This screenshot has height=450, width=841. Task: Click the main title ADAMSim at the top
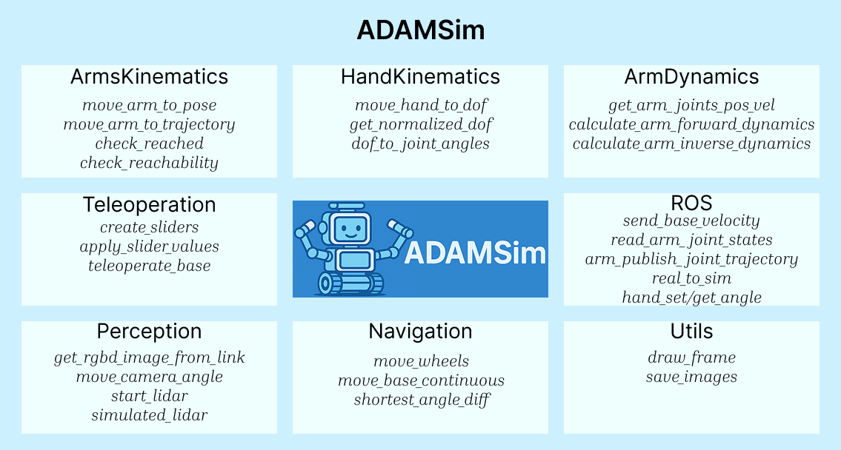421,30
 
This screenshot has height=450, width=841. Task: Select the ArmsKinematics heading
149,77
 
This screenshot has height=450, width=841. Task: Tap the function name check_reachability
149,163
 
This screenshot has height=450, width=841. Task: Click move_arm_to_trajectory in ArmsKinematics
149,124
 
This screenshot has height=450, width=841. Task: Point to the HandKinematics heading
421,77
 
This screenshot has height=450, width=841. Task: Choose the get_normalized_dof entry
421,124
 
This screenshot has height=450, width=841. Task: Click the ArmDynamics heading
691,77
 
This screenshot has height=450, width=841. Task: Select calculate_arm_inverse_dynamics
691,144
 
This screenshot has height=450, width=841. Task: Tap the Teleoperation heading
149,204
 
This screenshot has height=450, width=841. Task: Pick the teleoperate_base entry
149,266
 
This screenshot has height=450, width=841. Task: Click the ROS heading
691,203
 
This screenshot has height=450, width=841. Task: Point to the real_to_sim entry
691,278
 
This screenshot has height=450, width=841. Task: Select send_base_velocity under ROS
691,221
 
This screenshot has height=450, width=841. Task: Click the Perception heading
149,331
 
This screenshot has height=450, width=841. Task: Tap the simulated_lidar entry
149,415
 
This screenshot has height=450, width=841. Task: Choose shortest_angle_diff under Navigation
421,400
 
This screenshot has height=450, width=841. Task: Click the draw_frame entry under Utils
691,357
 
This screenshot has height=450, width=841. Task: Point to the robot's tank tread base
351,283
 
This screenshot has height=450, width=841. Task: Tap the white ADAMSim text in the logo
475,253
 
